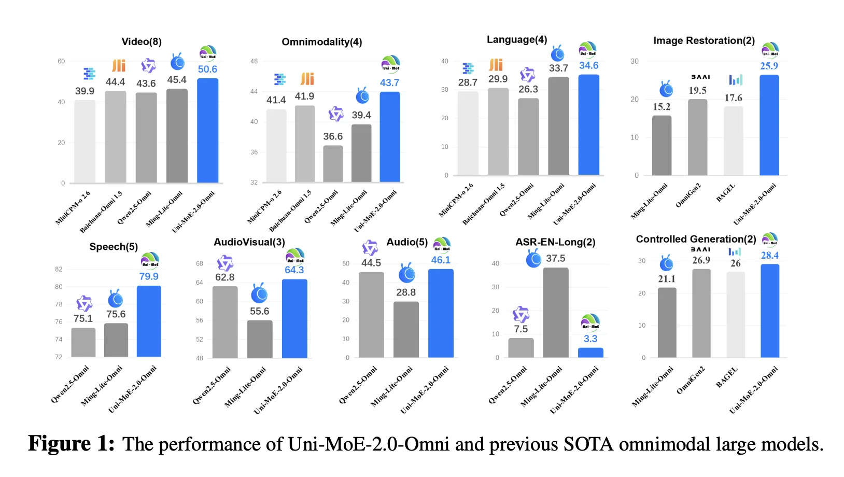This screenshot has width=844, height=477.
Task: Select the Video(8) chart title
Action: point(142,42)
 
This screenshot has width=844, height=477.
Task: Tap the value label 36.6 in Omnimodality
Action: point(333,136)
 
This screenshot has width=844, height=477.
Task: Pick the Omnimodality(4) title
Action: point(321,42)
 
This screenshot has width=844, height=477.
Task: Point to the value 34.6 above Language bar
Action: point(588,66)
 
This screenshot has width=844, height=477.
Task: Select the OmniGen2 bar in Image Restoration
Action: point(697,137)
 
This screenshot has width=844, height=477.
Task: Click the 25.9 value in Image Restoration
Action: point(769,66)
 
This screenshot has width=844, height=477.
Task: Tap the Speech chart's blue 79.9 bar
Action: point(149,321)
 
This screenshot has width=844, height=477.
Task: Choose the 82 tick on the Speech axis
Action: point(59,269)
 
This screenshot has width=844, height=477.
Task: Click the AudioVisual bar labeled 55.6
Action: point(259,339)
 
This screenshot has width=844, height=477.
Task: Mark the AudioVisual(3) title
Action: point(249,242)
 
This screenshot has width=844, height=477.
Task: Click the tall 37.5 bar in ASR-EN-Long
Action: point(555,313)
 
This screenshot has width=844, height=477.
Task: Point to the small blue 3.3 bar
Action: point(590,353)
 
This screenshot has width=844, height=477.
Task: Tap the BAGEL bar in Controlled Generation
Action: point(735,315)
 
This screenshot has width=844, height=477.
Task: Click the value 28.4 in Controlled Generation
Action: point(769,256)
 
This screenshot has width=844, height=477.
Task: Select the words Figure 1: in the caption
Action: point(71,444)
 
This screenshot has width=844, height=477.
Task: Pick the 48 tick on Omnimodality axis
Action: point(254,61)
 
